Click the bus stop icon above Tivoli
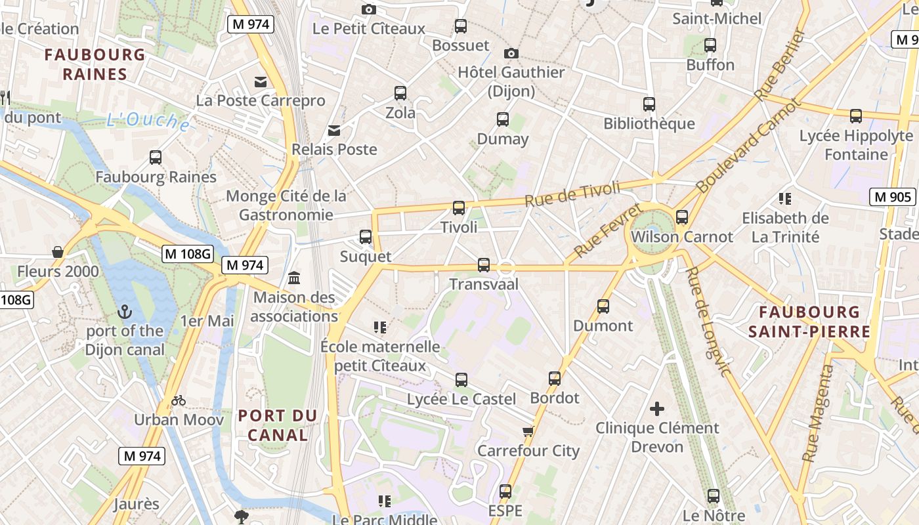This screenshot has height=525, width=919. coord(459,208)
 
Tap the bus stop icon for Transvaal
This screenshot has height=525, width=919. coord(484,265)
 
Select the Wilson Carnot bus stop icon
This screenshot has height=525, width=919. coord(682,217)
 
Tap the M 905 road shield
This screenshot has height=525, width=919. coord(893,196)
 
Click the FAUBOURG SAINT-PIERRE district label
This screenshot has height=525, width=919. coord(809,322)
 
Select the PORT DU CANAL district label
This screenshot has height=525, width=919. coord(278,425)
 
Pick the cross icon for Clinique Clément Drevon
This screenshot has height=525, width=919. coord(656,409)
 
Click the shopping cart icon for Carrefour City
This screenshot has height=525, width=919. coord(528,432)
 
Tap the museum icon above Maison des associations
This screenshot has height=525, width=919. coord(294,278)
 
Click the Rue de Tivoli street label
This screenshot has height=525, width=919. coord(572,194)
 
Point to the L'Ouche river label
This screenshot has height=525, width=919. coord(149,121)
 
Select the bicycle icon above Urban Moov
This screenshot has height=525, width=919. coord(179,400)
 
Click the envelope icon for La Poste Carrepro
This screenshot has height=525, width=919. coord(261,81)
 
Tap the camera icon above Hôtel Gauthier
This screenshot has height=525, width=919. coord(511,53)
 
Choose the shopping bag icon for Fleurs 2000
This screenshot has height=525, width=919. coord(58,252)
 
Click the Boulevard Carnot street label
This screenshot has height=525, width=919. coord(748,146)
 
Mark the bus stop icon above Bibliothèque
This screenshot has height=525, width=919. coord(649,104)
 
